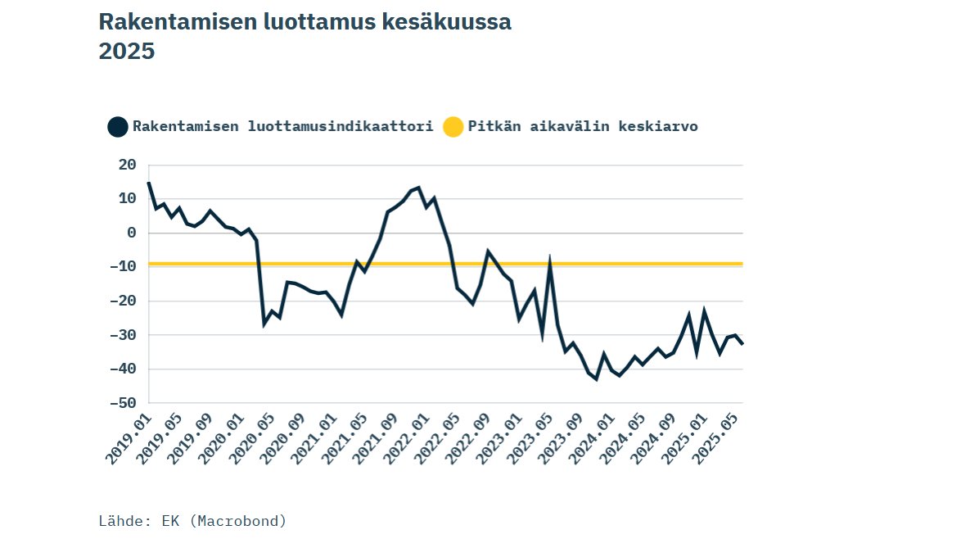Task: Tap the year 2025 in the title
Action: (126, 52)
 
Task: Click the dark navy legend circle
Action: (118, 127)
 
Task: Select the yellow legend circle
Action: (453, 127)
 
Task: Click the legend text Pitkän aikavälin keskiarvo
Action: (583, 127)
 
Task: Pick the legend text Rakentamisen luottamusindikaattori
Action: (282, 127)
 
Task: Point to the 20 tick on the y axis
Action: (127, 165)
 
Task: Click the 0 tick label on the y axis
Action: (131, 233)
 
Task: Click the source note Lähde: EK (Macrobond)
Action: (192, 521)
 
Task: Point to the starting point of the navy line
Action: (148, 183)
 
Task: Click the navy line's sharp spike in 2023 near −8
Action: (550, 261)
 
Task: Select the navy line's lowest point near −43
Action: (596, 379)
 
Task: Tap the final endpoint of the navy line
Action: (742, 344)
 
